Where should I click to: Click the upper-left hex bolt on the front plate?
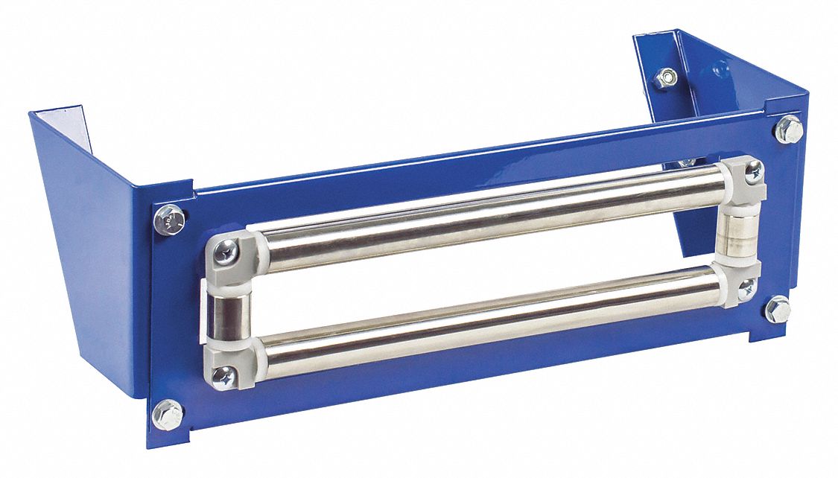click(x=169, y=220)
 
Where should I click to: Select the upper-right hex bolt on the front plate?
click(x=789, y=130)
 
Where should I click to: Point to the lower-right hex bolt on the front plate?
click(x=778, y=309)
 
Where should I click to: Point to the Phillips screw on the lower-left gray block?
click(x=222, y=377)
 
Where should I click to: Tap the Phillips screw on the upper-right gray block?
click(x=753, y=171)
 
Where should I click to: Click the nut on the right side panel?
click(x=666, y=77)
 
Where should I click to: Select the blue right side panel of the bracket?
click(x=693, y=82)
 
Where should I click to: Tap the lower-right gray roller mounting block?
click(x=737, y=283)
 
